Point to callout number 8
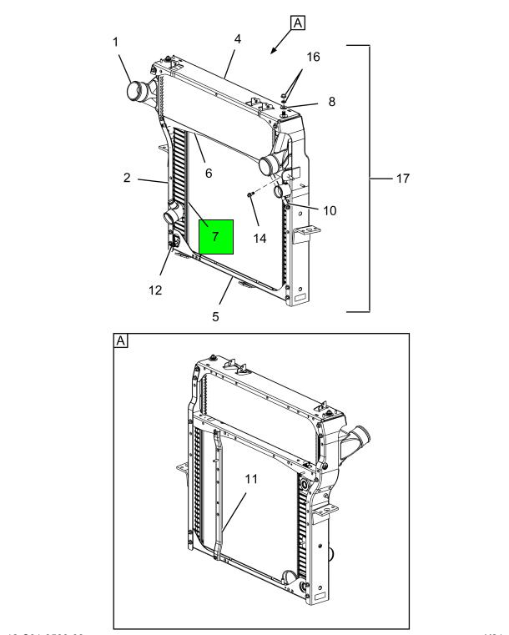point(331,102)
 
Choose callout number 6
point(209,173)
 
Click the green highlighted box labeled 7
point(216,237)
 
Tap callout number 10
point(330,210)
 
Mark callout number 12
point(155,290)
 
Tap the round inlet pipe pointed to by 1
point(137,88)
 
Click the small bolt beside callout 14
point(250,195)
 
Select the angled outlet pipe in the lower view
point(361,436)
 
